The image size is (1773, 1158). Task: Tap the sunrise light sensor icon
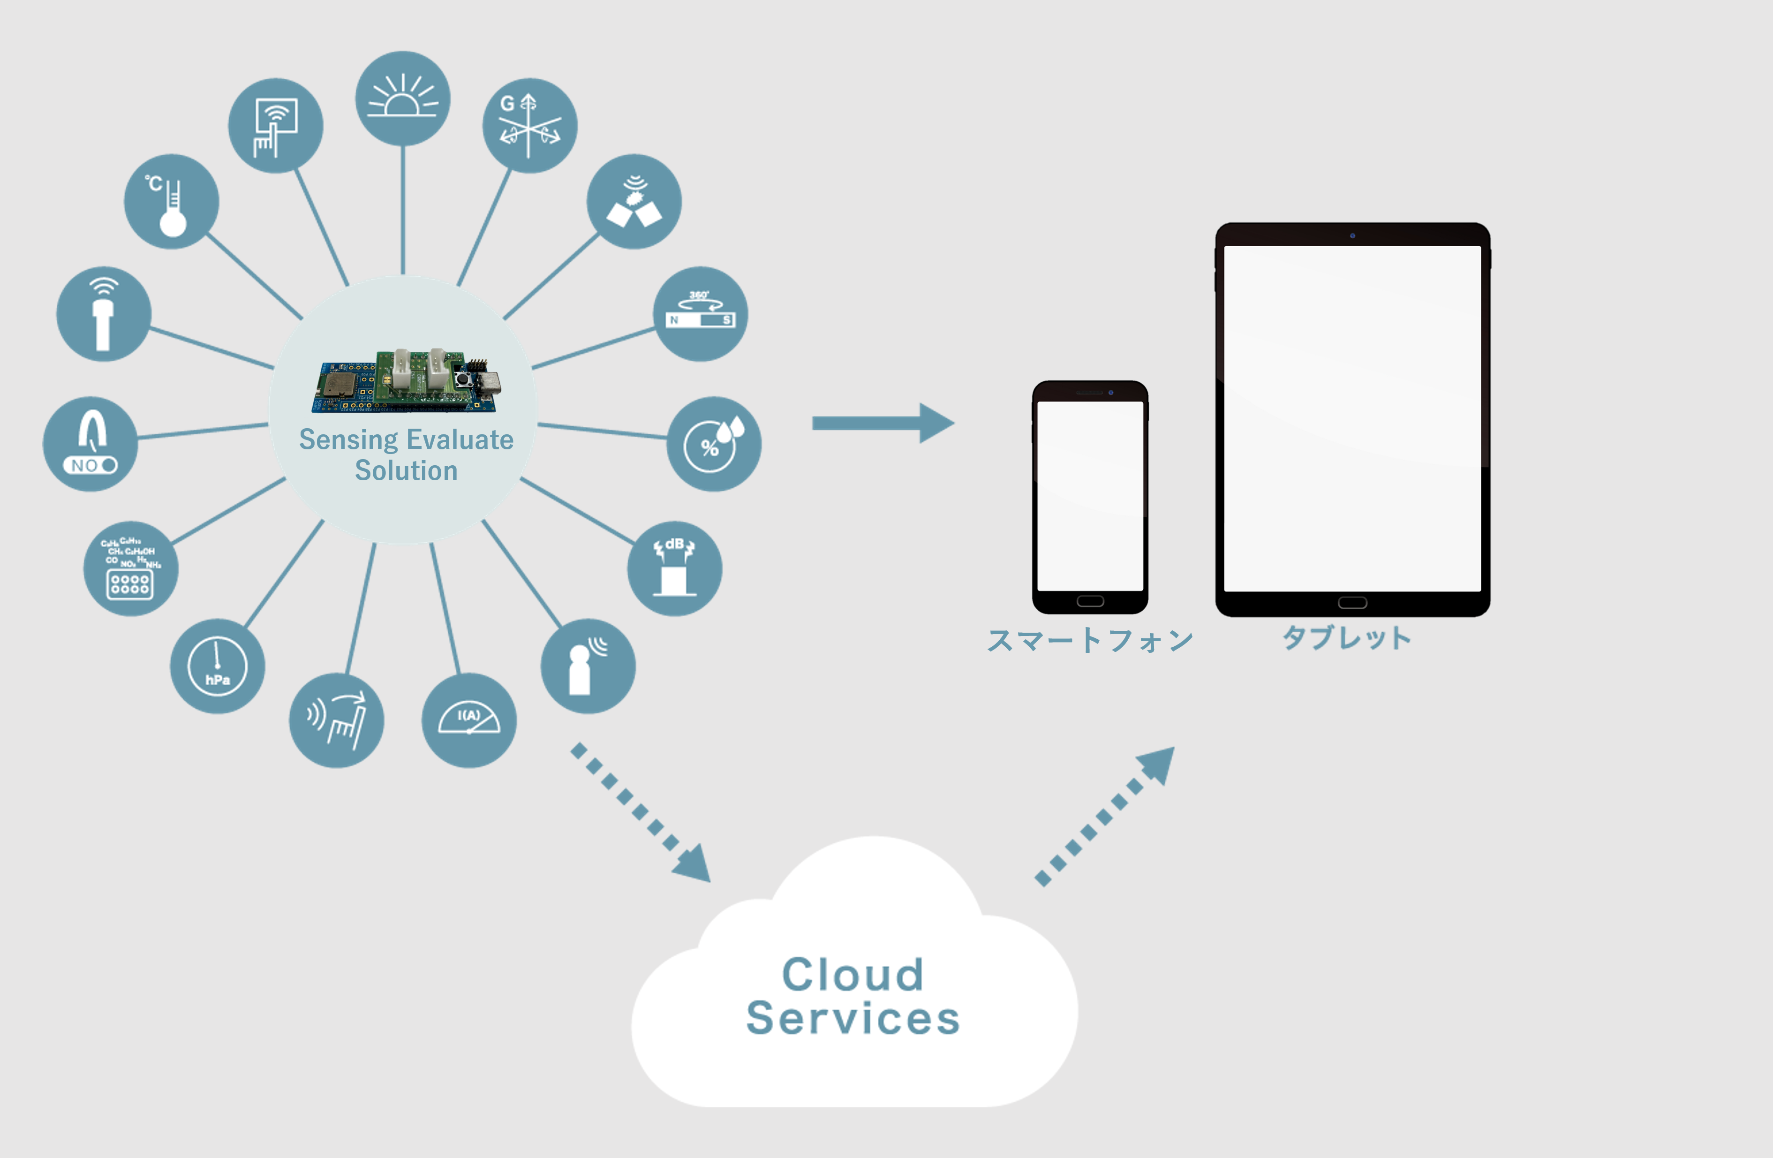coord(403,98)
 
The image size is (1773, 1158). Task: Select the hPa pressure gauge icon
coord(218,666)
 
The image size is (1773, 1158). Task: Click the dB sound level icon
coord(675,568)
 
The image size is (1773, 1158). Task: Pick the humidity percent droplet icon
coord(714,444)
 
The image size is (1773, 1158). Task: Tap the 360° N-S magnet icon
coord(700,314)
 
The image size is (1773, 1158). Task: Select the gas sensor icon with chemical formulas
coord(130,568)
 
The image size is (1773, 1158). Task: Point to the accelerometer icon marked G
coord(530,125)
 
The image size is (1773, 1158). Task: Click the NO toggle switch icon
coord(90,444)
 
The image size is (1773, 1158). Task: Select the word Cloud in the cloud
coord(853,975)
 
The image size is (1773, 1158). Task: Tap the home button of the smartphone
coord(1090,601)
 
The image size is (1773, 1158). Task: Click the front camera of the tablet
coord(1352,235)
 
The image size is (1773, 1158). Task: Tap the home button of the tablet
coord(1352,603)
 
